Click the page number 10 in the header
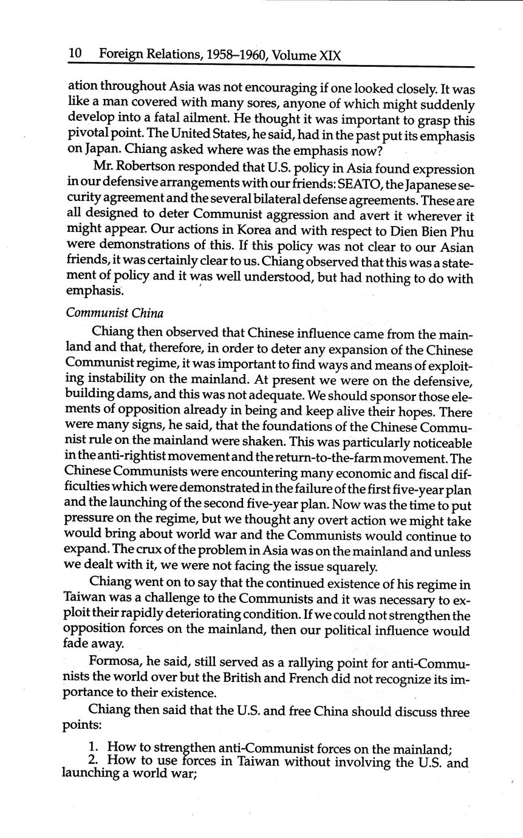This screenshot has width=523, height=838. pyautogui.click(x=75, y=55)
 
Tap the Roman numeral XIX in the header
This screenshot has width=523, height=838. pyautogui.click(x=330, y=56)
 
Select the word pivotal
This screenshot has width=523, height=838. pyautogui.click(x=86, y=136)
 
